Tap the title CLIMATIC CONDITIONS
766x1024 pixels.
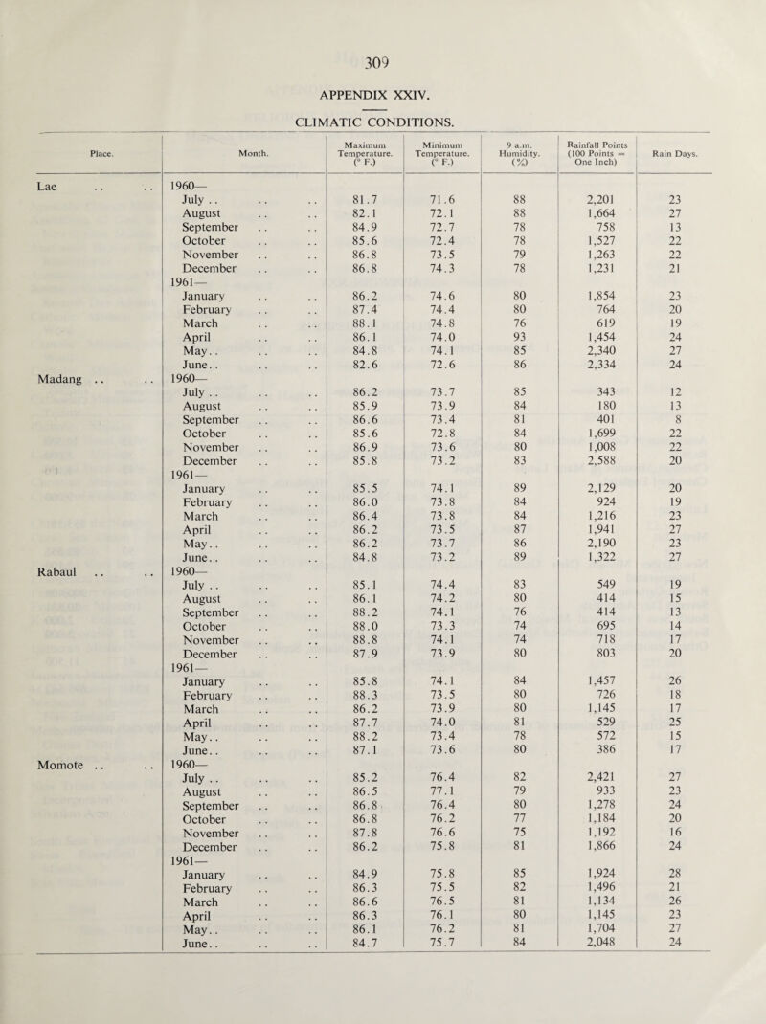(383, 119)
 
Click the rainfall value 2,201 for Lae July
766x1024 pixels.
(601, 201)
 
